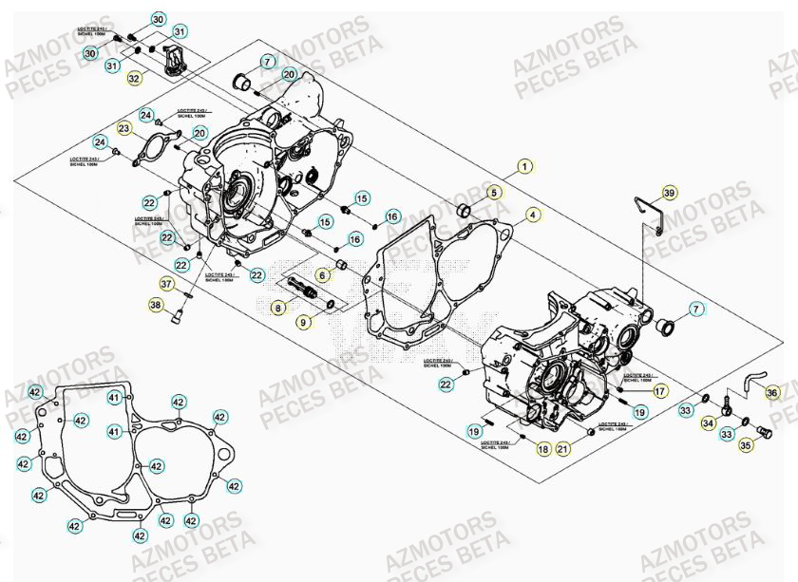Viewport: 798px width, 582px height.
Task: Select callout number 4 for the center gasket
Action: [x=533, y=215]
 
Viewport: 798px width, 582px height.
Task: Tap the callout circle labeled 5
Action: [x=494, y=192]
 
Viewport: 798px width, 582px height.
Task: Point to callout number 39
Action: [x=669, y=193]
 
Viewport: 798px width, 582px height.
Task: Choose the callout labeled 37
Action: [x=166, y=283]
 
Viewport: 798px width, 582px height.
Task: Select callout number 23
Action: [x=124, y=128]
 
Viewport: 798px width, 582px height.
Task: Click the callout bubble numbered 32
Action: [x=134, y=79]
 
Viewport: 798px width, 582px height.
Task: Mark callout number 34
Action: [x=708, y=422]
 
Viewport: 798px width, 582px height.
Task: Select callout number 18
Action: [x=542, y=449]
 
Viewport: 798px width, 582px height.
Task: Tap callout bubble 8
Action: [x=277, y=308]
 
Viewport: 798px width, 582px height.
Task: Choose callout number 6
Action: [x=322, y=275]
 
